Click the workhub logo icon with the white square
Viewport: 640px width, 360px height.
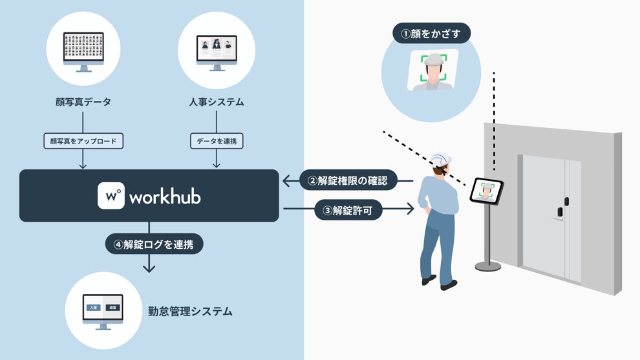(111, 196)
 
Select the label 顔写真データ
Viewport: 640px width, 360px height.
(83, 102)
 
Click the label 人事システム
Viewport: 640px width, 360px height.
(216, 102)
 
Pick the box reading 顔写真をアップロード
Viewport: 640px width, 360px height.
(83, 140)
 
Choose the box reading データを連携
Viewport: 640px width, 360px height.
(216, 140)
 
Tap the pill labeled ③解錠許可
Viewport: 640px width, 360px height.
(347, 209)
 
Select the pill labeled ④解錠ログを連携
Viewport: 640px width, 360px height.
(154, 244)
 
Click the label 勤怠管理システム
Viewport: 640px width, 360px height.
(190, 312)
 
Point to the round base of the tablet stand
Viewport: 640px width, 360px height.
(487, 265)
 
